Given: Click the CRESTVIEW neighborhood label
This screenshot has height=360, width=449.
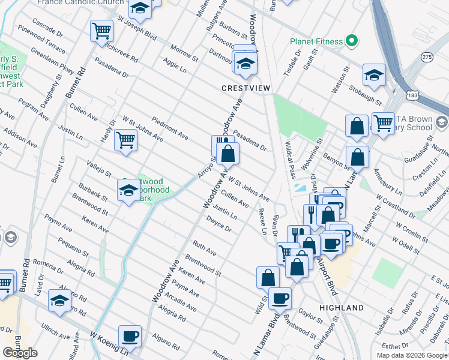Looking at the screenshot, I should tap(246, 88).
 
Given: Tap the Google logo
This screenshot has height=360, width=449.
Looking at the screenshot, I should tap(20, 353).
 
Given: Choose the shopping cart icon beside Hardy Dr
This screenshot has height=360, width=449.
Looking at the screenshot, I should tap(125, 141).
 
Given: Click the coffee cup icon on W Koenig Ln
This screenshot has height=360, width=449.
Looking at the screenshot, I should tap(130, 336).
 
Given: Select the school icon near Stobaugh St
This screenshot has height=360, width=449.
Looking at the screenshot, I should tap(373, 75).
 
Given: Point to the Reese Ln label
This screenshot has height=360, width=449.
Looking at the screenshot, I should tap(262, 221).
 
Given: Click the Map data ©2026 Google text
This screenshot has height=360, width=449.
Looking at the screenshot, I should tap(412, 355).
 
